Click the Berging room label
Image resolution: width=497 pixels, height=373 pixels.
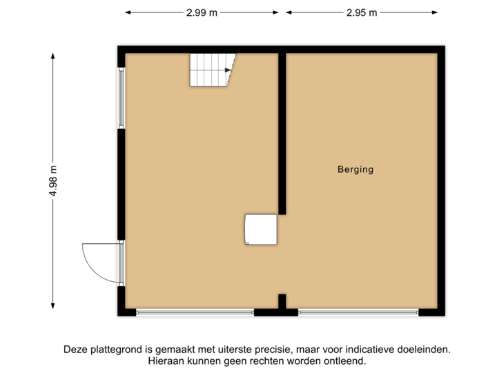[x=355, y=169]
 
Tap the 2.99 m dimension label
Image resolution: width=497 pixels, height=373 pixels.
[x=202, y=12]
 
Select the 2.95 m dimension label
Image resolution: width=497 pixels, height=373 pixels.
[x=362, y=12]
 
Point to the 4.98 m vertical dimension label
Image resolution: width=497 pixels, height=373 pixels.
[x=52, y=181]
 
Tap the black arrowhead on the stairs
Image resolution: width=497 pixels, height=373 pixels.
[x=227, y=69]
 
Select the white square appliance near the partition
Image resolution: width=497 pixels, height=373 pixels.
[x=262, y=229]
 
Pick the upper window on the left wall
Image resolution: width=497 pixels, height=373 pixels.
[x=121, y=97]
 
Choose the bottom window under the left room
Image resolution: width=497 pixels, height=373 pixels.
[x=195, y=313]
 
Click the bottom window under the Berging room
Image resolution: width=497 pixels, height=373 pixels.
[x=358, y=313]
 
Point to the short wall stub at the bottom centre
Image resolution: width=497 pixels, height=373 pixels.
[x=282, y=301]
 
